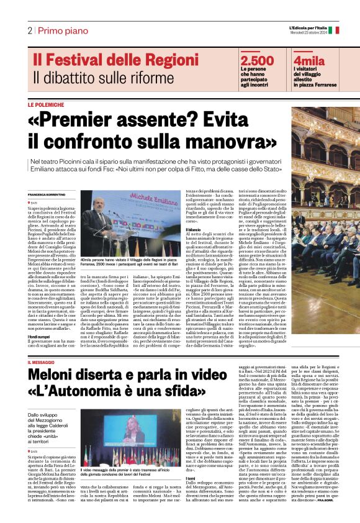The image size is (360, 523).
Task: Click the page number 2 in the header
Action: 30,30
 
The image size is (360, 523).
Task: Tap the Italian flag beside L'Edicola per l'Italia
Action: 336,29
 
